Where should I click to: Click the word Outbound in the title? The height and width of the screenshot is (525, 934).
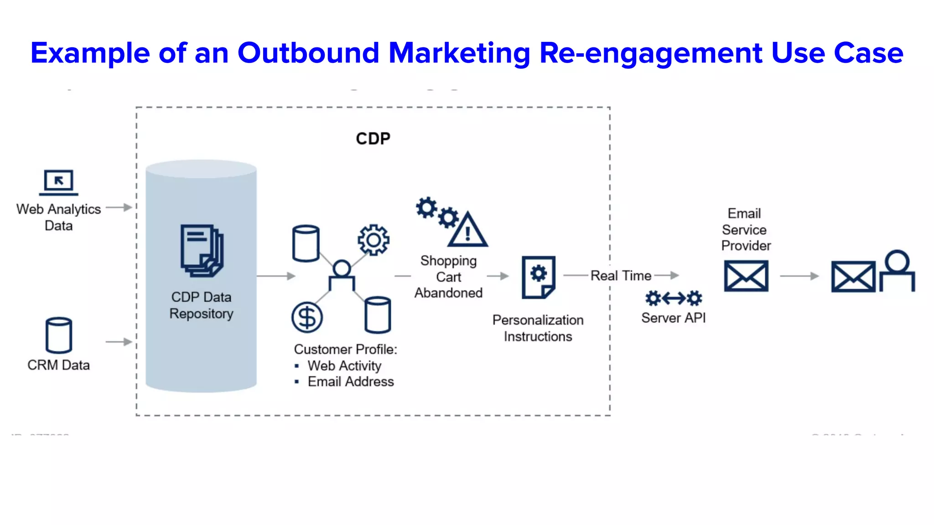coord(308,53)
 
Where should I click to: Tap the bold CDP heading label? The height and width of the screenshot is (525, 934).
coord(373,139)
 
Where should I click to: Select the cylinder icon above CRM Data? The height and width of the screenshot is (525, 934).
coord(59,335)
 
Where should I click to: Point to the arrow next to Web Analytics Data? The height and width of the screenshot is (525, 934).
coord(119,207)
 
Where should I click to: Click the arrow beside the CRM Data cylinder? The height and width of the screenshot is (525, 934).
coord(119,341)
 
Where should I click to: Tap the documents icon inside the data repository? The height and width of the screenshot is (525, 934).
coord(202,250)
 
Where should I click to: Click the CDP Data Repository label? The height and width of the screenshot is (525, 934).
coord(201,305)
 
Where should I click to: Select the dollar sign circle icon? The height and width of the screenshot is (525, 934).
coord(307,317)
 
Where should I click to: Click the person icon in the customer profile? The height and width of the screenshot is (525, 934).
coord(342,276)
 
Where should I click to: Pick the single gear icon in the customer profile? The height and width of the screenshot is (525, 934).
coord(374,240)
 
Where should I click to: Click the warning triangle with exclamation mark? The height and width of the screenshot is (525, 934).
coord(468,231)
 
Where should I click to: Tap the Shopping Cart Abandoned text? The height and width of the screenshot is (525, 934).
coord(448,277)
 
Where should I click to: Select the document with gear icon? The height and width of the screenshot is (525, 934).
coord(538,277)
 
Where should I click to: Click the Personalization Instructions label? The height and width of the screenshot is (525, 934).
coord(538,328)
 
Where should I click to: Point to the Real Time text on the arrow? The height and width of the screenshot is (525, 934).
coord(621,276)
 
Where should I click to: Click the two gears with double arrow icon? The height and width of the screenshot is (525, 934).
coord(674,299)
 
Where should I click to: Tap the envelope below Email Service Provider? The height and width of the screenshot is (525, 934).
coord(746,276)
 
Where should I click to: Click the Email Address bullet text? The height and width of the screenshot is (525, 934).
coord(350,381)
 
